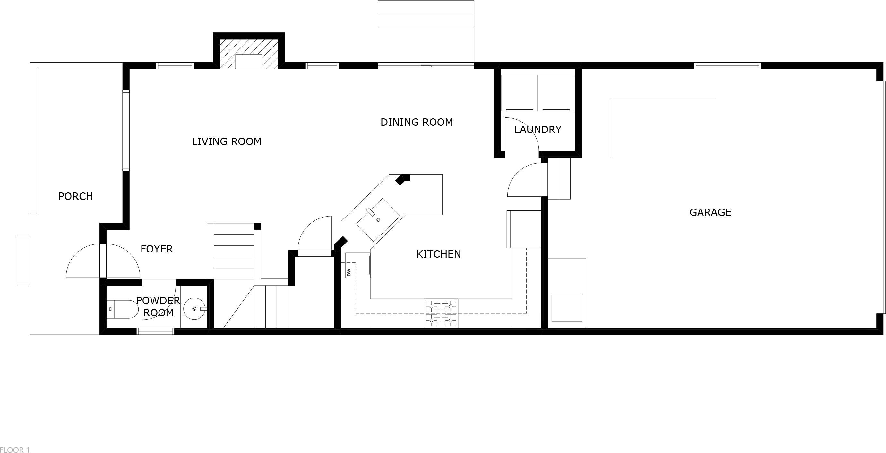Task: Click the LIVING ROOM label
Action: click(227, 141)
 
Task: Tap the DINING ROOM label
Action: click(417, 122)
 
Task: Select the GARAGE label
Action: click(710, 212)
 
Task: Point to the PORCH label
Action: click(76, 196)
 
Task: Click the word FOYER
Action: click(157, 249)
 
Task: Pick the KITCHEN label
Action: click(439, 254)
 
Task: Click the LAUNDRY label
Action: click(538, 130)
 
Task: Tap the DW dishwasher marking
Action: click(349, 272)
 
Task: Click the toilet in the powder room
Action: click(122, 309)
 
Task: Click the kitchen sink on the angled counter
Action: click(378, 219)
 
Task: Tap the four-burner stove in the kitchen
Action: click(441, 313)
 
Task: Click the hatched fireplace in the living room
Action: click(249, 54)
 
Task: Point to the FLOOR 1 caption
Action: click(15, 449)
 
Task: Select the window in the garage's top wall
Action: click(727, 66)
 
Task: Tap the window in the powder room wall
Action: click(155, 331)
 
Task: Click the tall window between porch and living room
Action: click(126, 131)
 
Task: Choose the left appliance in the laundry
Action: click(519, 93)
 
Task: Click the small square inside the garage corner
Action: click(567, 308)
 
